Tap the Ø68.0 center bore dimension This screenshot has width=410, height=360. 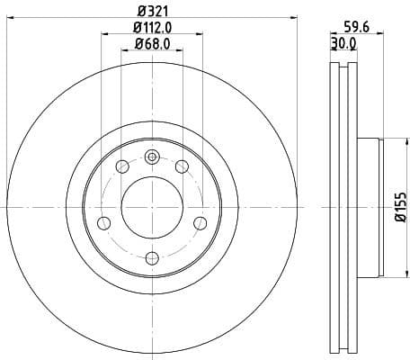tap(152, 44)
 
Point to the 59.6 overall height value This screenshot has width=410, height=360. tap(358, 28)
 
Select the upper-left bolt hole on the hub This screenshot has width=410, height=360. tap(122, 166)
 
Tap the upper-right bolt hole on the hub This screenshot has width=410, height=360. tap(181, 166)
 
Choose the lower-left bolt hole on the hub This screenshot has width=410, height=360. tap(103, 223)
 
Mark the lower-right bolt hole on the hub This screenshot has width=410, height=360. tap(200, 223)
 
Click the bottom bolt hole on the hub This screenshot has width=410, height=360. tap(151, 258)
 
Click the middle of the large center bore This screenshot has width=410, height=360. tap(151, 207)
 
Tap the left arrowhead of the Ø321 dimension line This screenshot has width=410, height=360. tap(9, 21)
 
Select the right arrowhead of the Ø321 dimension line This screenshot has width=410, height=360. tap(293, 21)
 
